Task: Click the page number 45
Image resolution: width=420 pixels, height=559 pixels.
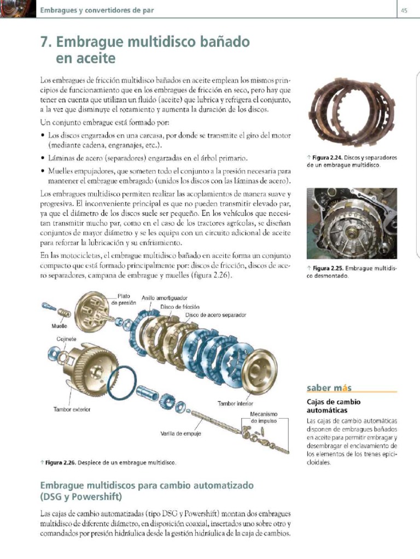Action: pos(404,10)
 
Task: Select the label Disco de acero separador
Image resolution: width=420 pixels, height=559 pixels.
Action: pos(215,315)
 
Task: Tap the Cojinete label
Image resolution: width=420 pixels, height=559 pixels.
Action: pos(66,339)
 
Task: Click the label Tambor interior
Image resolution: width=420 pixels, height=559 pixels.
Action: pos(235,404)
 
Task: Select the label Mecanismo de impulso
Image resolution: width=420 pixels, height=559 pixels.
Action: pos(264,418)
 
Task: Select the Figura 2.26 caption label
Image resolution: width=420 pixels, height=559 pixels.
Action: pos(61,463)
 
